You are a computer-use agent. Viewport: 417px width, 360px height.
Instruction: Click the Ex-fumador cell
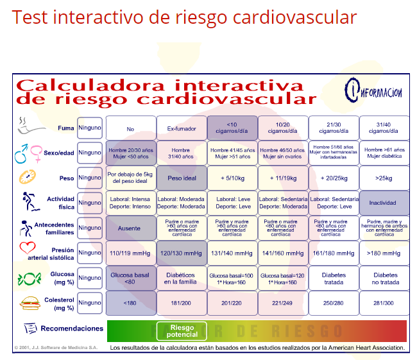[181, 128]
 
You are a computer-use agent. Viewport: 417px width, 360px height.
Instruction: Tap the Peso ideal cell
[181, 178]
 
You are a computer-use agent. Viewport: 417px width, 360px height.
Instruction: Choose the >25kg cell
[384, 178]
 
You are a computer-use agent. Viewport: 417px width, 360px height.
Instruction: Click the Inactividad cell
[384, 203]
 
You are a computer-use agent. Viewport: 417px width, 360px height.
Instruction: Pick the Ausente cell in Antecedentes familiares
[131, 228]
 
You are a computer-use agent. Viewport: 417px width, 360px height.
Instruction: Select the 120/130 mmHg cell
[181, 253]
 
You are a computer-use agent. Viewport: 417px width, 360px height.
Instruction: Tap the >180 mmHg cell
[384, 253]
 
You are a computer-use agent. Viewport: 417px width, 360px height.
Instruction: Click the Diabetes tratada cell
[333, 277]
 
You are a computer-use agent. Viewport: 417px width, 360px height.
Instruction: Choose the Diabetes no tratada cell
[384, 277]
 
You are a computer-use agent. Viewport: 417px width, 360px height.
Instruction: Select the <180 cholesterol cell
[131, 302]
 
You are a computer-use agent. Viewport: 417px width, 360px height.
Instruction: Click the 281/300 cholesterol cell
[384, 302]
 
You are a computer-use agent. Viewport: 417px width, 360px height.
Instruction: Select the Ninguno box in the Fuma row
[90, 128]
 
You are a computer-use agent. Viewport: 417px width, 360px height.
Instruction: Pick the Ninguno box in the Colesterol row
[90, 302]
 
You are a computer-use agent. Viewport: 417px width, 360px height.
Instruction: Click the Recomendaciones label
[71, 329]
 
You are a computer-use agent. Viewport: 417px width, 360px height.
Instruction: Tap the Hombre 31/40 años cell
[181, 153]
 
